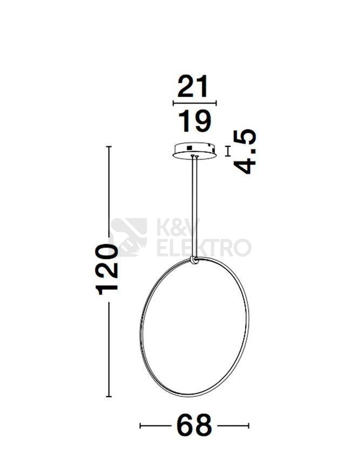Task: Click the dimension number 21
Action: (x=193, y=86)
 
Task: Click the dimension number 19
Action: (x=194, y=121)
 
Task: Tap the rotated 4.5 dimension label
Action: (x=245, y=152)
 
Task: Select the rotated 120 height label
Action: (x=106, y=269)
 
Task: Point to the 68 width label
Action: (x=194, y=425)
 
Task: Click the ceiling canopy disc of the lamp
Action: (x=194, y=151)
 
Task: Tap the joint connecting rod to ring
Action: (x=194, y=260)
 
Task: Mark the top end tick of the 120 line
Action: (x=109, y=147)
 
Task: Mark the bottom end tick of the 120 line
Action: (x=109, y=396)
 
